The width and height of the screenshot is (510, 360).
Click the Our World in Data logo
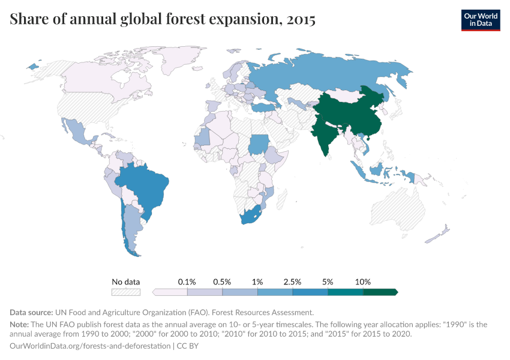coord(480,20)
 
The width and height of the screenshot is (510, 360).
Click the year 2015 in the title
coord(301,20)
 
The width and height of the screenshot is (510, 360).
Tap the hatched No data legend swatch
coord(126,292)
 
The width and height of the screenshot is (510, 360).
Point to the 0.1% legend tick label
coord(187,281)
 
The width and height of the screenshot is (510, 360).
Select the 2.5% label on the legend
coord(293,281)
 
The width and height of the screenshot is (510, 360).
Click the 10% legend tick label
coord(363,281)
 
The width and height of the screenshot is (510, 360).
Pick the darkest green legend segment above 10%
coord(379,292)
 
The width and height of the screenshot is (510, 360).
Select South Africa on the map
coord(251,216)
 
